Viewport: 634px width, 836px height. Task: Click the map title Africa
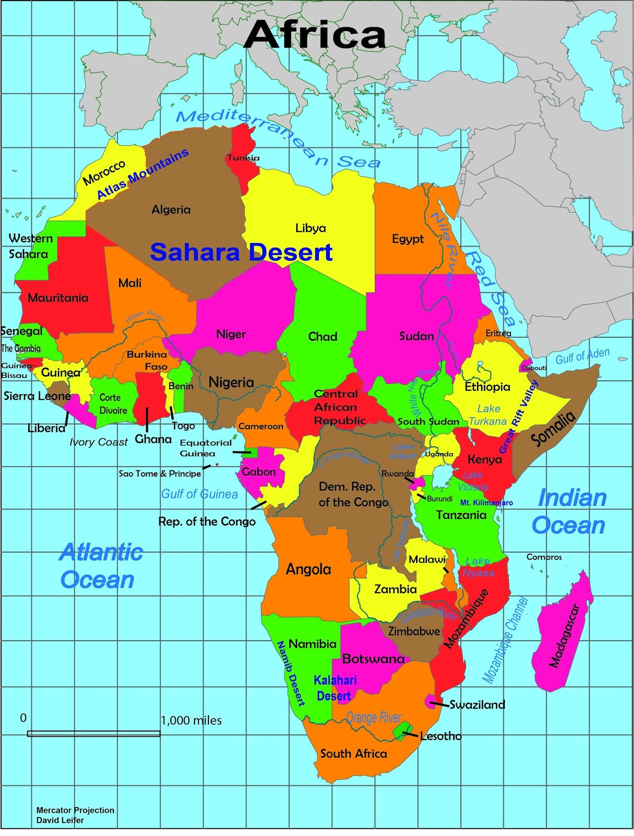(315, 34)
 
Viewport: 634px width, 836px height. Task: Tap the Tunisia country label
(243, 158)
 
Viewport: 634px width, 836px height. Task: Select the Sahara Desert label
(241, 252)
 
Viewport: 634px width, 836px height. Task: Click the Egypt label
(408, 239)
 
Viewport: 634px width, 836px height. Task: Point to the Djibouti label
(534, 368)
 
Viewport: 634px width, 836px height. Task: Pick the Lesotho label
(441, 736)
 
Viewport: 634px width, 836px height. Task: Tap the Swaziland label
(477, 705)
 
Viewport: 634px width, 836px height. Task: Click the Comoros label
(544, 557)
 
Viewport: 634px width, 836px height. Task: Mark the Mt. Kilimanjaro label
(486, 503)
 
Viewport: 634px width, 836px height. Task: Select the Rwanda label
(397, 474)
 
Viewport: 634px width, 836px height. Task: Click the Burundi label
(440, 498)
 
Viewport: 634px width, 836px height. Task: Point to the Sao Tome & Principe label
(159, 473)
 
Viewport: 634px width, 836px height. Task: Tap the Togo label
(183, 426)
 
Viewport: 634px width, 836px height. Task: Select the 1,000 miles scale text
(191, 721)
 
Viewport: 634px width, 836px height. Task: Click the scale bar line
(94, 734)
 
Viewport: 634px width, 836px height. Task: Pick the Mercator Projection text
(75, 810)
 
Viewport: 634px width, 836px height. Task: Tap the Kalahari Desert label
(335, 688)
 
